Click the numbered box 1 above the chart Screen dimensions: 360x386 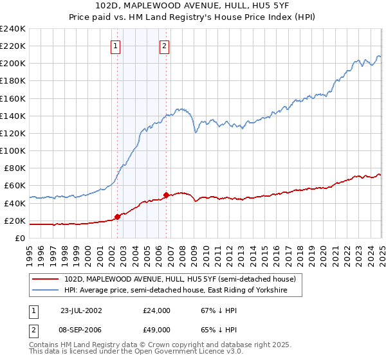tap(115, 46)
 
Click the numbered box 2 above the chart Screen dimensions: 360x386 tap(164, 46)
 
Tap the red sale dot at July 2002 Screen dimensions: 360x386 tap(118, 217)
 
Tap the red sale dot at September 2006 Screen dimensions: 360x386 tap(166, 195)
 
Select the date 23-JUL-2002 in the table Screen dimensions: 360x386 tap(81, 310)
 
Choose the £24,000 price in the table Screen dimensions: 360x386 tap(156, 310)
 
